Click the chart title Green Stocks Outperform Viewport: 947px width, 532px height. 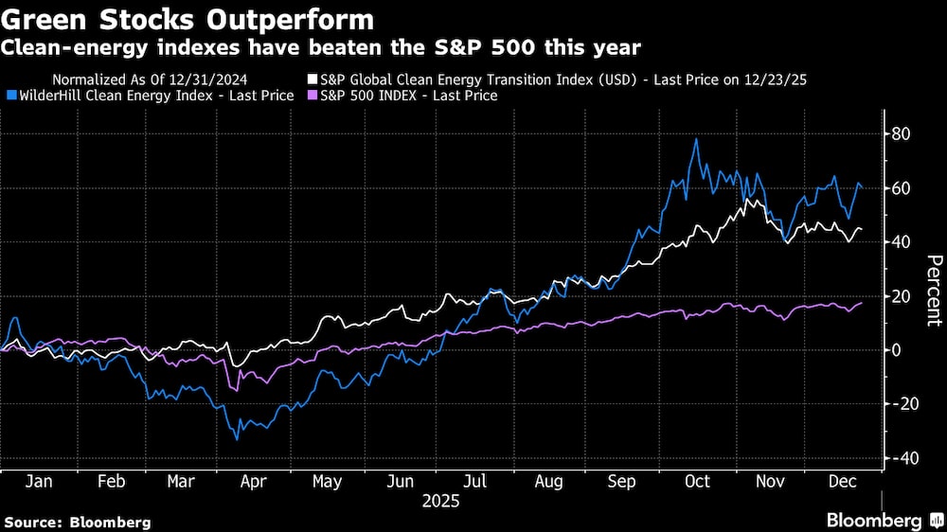[188, 19]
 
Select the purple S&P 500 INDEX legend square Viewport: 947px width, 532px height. [313, 96]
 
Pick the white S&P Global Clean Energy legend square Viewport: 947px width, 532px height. [313, 80]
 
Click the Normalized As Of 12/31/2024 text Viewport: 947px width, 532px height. [151, 80]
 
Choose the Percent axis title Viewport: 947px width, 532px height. [934, 291]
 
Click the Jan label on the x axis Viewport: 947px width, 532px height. [38, 481]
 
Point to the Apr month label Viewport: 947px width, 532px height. [253, 481]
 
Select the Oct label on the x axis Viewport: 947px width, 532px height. [697, 481]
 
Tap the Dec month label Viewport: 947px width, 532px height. [843, 481]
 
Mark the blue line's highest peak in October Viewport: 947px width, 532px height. [697, 140]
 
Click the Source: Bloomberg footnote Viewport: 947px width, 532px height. [78, 522]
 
